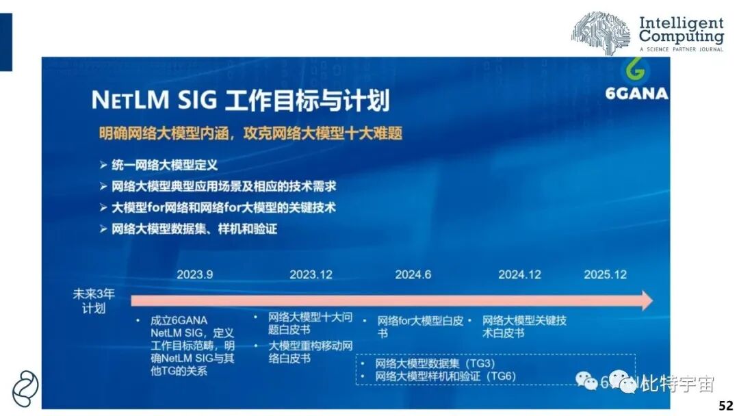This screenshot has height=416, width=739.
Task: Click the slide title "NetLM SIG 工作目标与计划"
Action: click(240, 101)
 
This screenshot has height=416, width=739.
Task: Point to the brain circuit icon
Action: click(601, 32)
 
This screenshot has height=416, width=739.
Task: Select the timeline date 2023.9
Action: click(194, 274)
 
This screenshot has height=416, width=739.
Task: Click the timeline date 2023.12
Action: click(311, 274)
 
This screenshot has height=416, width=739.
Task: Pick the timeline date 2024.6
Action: click(413, 274)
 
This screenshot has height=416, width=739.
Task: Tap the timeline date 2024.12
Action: click(519, 274)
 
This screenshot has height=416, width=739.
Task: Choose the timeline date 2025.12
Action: click(605, 274)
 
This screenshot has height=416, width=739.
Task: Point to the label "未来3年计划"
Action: click(93, 301)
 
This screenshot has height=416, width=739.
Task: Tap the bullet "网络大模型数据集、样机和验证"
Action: click(194, 229)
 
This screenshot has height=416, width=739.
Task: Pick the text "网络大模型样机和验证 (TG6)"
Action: click(445, 376)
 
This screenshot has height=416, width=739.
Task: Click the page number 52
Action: click(725, 406)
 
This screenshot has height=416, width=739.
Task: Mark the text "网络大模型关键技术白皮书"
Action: click(524, 326)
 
